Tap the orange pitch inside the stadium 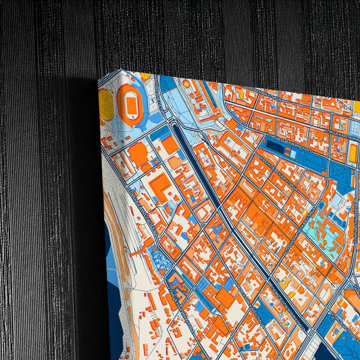coord(130,103)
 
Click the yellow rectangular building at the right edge coord(353,154)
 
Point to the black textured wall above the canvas coord(203,34)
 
